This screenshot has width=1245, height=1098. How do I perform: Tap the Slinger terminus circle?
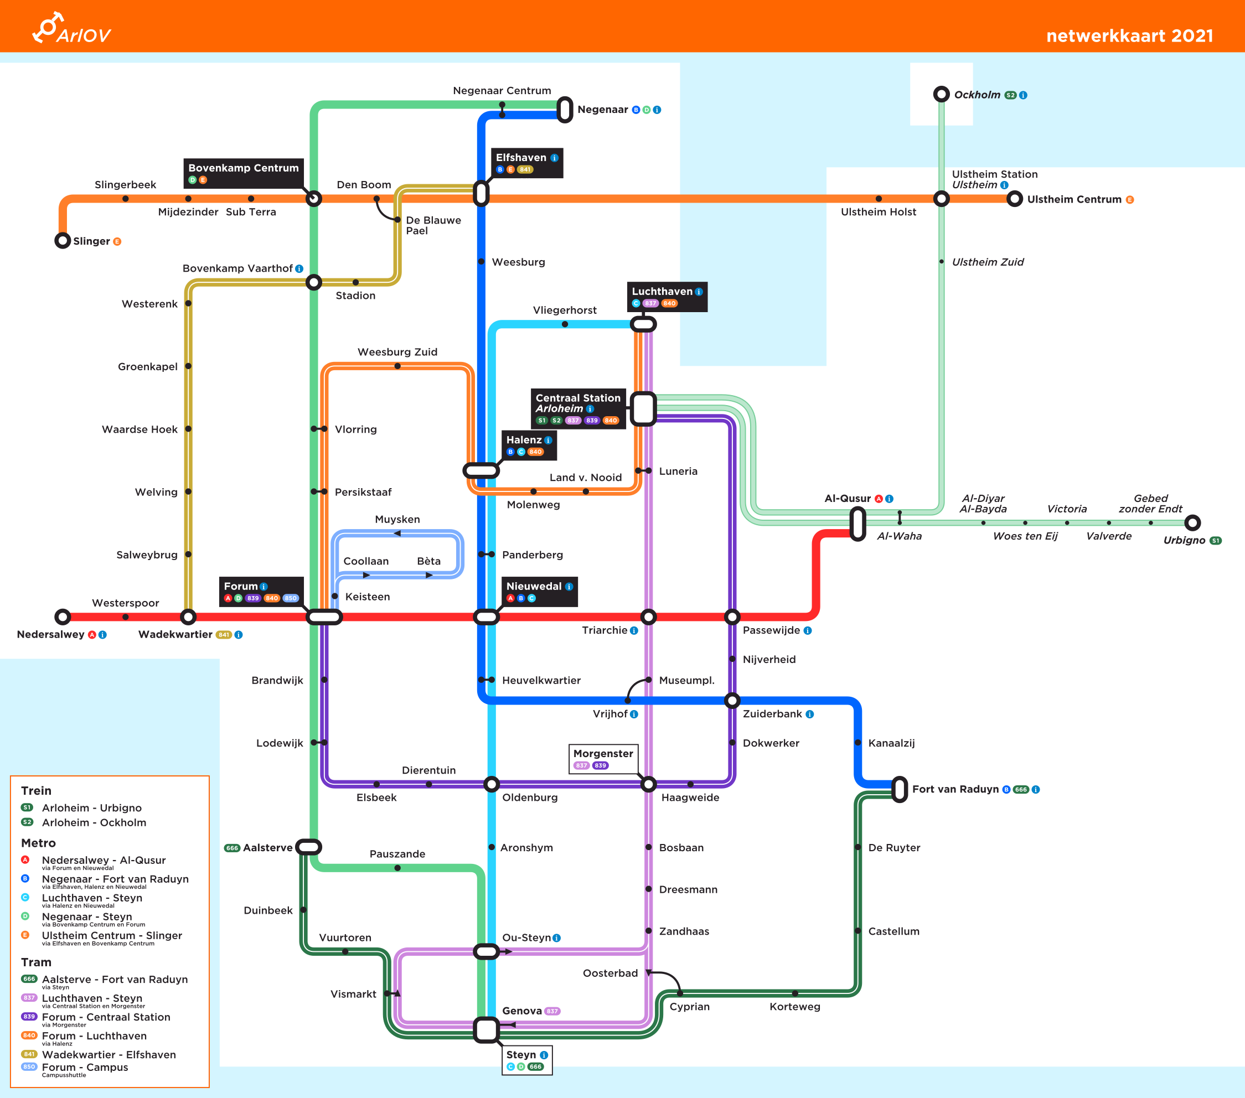(x=63, y=241)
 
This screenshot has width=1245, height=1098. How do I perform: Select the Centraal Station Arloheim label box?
(x=578, y=408)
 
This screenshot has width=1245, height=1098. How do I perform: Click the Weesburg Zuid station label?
(x=397, y=352)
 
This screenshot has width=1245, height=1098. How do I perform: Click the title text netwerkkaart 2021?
(x=1129, y=36)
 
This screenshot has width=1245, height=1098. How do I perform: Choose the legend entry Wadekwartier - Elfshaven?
(x=109, y=1054)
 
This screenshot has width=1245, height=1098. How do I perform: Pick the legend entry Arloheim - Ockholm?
(x=94, y=822)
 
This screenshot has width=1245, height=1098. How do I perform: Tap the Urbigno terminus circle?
(x=1192, y=522)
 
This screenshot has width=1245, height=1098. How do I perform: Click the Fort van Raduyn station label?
(x=955, y=789)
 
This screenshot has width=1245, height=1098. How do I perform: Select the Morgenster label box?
(x=603, y=758)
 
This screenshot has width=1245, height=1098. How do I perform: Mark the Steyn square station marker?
(x=486, y=1030)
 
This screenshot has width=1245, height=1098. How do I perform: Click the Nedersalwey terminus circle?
(x=63, y=617)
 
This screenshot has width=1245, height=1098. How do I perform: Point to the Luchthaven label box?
(x=667, y=297)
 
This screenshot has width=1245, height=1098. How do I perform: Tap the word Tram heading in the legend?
(x=36, y=962)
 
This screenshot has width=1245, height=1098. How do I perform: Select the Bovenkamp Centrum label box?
(x=243, y=173)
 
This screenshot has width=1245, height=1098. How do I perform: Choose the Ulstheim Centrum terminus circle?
(x=1014, y=199)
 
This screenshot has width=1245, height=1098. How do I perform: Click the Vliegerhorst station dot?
(x=565, y=324)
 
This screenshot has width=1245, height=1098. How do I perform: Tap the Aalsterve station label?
(x=267, y=848)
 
